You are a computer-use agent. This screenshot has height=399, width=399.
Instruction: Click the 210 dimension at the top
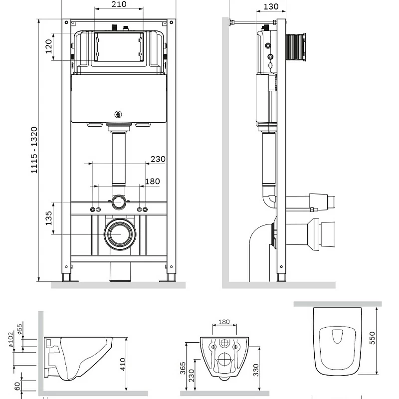coord(119,4)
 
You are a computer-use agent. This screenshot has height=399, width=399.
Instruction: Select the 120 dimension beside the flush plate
coord(48,47)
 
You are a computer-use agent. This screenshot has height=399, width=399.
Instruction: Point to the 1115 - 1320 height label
coord(34,150)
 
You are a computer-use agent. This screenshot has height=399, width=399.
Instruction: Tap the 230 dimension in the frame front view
coord(158,159)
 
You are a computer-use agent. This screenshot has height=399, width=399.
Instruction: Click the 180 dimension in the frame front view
coord(152,181)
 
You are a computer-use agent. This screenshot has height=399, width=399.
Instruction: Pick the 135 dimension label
coord(48,218)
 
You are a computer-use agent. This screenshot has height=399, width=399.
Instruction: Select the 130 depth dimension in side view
coord(270,6)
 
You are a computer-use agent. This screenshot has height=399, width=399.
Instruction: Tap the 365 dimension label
coord(183,369)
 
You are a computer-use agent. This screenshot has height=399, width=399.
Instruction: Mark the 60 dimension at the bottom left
coord(17,386)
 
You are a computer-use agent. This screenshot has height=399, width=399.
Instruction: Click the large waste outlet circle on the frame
coord(119,233)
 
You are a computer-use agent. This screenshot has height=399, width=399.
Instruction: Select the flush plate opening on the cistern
coord(119,47)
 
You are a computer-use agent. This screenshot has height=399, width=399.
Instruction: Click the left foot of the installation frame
coord(66,277)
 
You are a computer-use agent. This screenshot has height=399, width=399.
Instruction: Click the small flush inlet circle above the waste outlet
coord(119,201)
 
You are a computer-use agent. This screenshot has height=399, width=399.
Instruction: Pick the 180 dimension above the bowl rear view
coord(224,322)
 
